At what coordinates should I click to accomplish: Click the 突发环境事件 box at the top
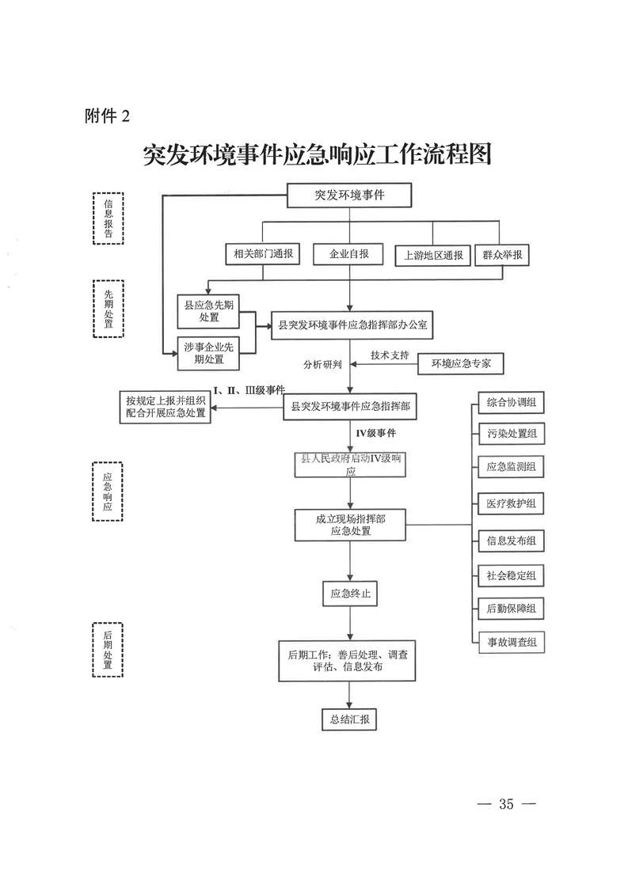[349, 195]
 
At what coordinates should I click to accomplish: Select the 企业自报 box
[348, 254]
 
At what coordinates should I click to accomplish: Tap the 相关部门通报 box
[263, 254]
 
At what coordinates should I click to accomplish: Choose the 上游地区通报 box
[433, 256]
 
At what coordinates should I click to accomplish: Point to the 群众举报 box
[502, 256]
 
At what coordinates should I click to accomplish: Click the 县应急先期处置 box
[208, 312]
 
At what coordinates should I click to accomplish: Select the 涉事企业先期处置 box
[208, 354]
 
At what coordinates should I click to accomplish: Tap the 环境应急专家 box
[461, 363]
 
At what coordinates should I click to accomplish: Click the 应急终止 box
[350, 594]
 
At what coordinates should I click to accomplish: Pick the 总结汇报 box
[349, 719]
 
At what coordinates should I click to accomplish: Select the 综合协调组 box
[512, 403]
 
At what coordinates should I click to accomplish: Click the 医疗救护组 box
[512, 503]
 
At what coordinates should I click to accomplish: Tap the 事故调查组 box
[512, 642]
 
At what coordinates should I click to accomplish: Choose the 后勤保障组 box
[512, 609]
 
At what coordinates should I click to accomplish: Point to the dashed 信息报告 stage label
[108, 218]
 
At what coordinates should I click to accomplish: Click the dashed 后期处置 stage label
[108, 650]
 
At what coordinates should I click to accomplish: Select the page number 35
[506, 803]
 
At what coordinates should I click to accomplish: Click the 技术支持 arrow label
[390, 355]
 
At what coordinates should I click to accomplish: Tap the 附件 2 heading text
[108, 116]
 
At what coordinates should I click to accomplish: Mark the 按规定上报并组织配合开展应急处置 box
[165, 407]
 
